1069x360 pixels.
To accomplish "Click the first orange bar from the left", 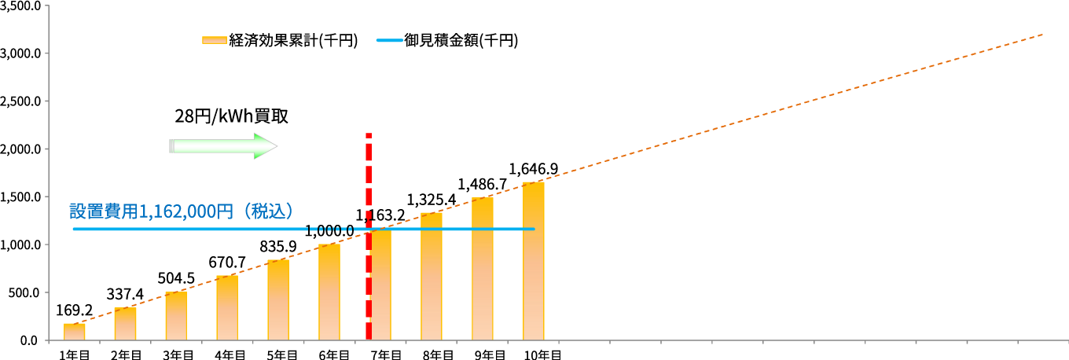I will point(75,332).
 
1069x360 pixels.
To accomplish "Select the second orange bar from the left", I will point(125,324).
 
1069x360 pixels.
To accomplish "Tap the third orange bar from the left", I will point(176,316).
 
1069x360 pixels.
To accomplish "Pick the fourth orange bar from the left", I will point(227,307).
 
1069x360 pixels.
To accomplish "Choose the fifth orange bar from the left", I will point(278,299).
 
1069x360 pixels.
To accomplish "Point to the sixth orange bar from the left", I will point(329,292).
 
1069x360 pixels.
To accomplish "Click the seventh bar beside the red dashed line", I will point(381,285).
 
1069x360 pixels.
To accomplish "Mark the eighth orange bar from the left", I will point(432,276).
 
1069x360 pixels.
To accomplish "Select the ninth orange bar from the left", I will point(483,268).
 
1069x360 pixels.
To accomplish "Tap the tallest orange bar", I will point(534,260).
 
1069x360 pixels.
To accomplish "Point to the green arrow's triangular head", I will point(266,146).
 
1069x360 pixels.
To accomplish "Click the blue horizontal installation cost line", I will point(197,230).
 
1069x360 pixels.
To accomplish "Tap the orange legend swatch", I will point(215,40).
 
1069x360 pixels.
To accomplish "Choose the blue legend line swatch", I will point(390,40).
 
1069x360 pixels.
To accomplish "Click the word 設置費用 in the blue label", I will point(103,211).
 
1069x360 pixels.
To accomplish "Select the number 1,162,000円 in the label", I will point(186,211).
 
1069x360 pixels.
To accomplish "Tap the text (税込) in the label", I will point(268,211).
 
